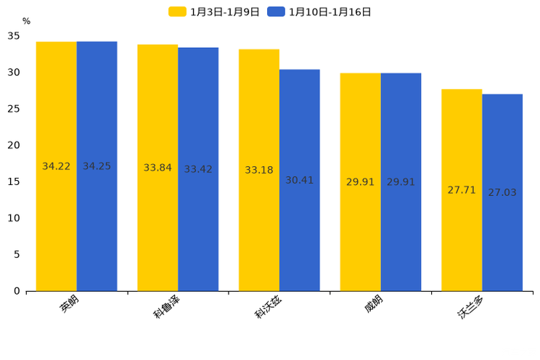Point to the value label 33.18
[259, 170]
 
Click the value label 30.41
[299, 180]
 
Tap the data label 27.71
[462, 190]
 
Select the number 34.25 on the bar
[97, 166]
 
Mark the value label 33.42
[198, 169]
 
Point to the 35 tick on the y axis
[14, 36]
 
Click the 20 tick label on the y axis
[14, 145]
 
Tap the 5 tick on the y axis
[17, 254]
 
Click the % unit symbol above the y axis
[26, 21]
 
